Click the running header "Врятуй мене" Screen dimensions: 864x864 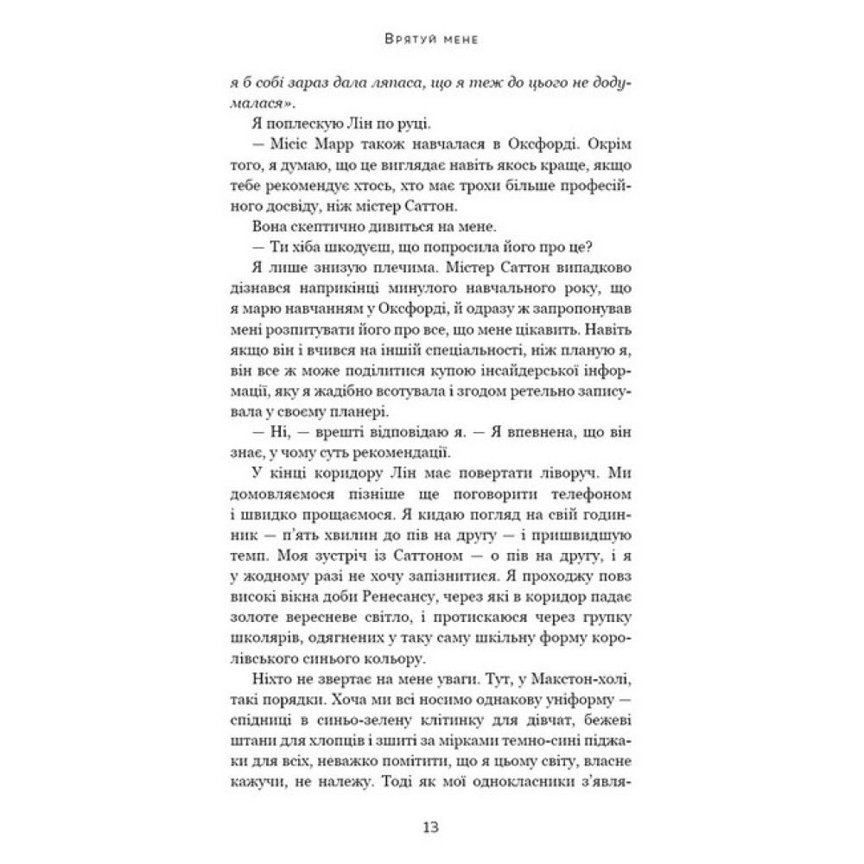[x=431, y=41]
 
